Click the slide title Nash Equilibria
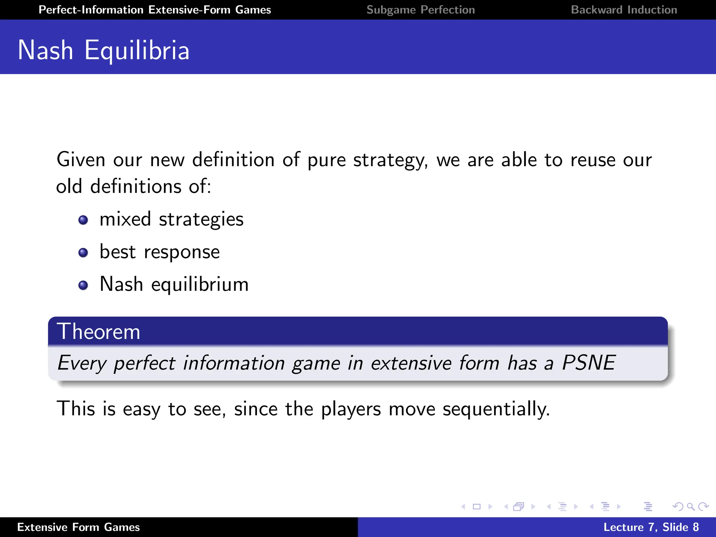tap(103, 50)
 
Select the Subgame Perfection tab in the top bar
tap(421, 10)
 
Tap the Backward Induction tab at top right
tap(624, 10)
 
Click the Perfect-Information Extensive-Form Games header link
tap(155, 10)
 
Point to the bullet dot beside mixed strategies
tap(83, 220)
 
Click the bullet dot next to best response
tap(83, 252)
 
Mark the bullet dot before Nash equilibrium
tap(83, 285)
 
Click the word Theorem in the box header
tap(99, 331)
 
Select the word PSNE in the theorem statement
tap(589, 363)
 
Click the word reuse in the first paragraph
tap(593, 160)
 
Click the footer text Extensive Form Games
tap(78, 527)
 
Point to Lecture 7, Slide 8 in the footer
tap(651, 527)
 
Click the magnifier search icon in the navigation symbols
tap(690, 507)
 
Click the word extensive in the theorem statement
tap(411, 363)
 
